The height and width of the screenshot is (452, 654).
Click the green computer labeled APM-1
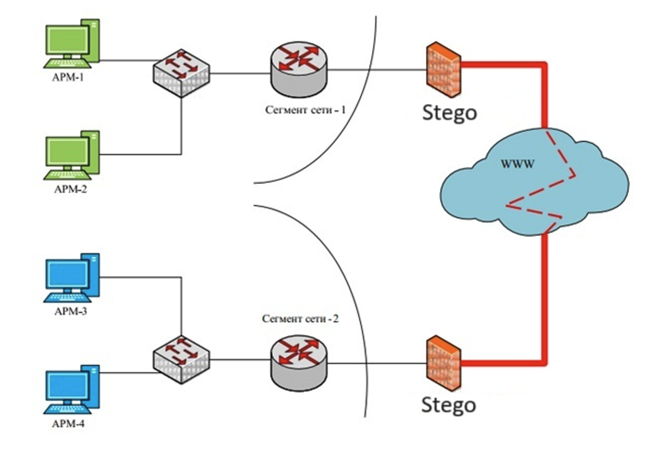click(x=72, y=43)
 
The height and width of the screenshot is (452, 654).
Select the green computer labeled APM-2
click(x=72, y=156)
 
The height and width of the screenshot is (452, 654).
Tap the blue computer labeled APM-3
click(x=72, y=278)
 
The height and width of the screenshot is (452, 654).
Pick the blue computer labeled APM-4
click(x=72, y=390)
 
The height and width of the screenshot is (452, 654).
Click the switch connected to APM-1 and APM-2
click(x=181, y=73)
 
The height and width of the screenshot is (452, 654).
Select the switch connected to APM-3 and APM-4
click(x=181, y=359)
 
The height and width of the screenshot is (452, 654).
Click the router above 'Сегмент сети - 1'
click(x=299, y=69)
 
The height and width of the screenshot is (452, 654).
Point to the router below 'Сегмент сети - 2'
click(x=299, y=363)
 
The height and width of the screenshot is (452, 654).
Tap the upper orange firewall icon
click(x=443, y=69)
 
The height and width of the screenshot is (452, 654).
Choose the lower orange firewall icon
click(x=443, y=363)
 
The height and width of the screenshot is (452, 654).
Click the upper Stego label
click(x=449, y=113)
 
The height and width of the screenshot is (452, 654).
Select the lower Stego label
click(x=448, y=405)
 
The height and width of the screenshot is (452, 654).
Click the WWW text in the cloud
click(x=517, y=164)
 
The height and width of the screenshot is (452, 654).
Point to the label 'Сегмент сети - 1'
click(x=305, y=110)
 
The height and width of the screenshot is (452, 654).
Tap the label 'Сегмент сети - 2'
click(x=300, y=319)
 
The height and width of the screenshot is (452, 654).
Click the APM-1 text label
click(x=68, y=78)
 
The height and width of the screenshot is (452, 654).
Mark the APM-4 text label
click(x=68, y=424)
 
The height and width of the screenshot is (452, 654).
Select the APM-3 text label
click(x=70, y=311)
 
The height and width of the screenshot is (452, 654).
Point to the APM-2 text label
click(x=70, y=189)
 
